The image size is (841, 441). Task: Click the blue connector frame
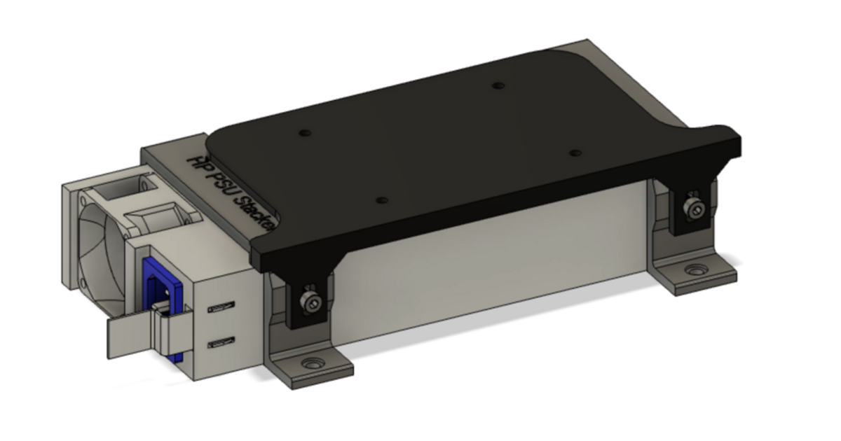tap(156, 280)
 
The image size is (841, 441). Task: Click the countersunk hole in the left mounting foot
tap(309, 364)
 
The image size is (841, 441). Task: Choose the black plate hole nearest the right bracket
tap(575, 153)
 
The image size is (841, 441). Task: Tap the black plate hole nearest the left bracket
tap(381, 200)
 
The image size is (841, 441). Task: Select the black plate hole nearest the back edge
tap(498, 85)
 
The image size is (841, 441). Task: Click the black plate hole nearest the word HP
tap(304, 132)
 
